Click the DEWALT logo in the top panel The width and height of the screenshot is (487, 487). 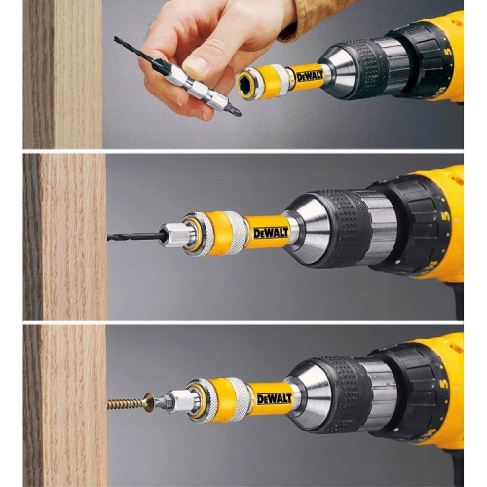(x=311, y=77)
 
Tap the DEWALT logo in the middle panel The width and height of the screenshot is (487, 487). (x=271, y=233)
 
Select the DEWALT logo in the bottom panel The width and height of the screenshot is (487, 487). (x=275, y=398)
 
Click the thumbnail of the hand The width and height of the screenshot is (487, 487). (x=197, y=64)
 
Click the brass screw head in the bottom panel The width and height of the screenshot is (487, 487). (x=148, y=402)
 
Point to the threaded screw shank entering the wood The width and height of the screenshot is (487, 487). (x=126, y=404)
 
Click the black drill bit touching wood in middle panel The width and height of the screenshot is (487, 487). (x=133, y=237)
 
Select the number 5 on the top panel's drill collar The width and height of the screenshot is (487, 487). (x=448, y=51)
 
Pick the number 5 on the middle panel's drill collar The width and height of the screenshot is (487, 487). (x=446, y=216)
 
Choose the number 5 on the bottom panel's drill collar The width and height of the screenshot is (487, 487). (x=444, y=383)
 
